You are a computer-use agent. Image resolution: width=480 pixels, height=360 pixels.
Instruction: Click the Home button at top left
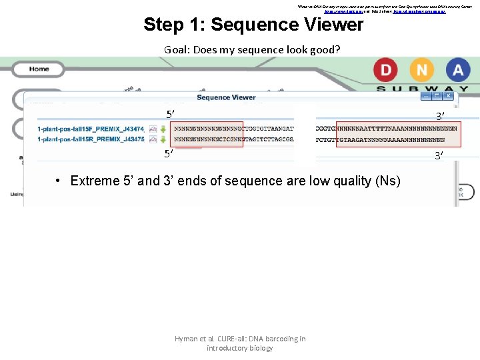tap(39, 69)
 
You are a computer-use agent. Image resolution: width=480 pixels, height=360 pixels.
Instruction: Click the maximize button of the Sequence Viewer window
tap(437, 96)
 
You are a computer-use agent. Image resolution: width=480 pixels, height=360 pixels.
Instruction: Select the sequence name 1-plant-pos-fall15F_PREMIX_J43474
tap(91, 128)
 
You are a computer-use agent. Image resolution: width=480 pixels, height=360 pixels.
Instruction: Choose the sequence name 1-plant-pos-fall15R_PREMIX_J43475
tap(91, 139)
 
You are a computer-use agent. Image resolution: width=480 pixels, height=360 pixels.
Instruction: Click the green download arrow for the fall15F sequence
tap(163, 128)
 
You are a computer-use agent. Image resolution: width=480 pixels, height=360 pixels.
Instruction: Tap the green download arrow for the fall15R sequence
tap(163, 139)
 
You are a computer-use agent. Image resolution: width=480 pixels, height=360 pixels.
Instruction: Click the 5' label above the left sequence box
tap(171, 114)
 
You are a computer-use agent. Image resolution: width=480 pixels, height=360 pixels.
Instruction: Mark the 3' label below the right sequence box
tap(439, 156)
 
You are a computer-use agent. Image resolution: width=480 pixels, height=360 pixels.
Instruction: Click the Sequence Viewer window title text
tap(226, 97)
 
